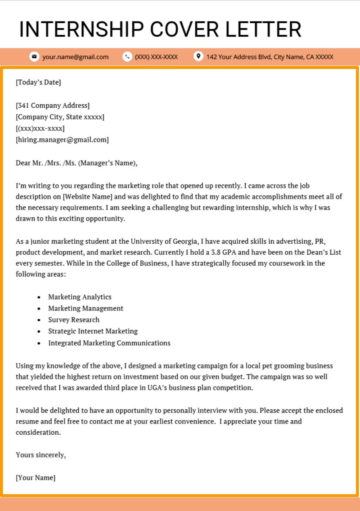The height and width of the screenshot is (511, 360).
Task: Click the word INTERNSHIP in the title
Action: (82, 30)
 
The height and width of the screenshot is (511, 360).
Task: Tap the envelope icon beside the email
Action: (34, 57)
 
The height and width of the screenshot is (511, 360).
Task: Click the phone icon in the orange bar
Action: (127, 57)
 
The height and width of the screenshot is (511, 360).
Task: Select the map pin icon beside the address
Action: (198, 56)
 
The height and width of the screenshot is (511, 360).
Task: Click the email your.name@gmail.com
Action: (76, 57)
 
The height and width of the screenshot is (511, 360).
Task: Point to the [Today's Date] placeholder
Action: (38, 82)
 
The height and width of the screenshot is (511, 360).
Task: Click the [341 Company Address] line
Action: (53, 105)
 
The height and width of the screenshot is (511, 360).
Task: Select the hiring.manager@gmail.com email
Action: (62, 140)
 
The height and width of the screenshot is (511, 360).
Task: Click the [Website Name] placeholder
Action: (88, 197)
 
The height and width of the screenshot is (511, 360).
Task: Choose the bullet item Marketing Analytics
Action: (80, 297)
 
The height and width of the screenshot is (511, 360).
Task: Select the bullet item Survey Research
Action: (74, 320)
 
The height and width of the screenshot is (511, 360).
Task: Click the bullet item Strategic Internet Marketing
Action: (93, 331)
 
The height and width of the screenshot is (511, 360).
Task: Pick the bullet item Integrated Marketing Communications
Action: (109, 343)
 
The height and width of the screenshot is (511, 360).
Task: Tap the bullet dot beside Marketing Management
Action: (39, 309)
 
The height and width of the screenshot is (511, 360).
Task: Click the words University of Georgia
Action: (164, 241)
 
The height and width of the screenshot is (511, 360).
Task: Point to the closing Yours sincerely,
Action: (41, 455)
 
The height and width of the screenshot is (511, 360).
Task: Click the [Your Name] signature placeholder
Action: (35, 478)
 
